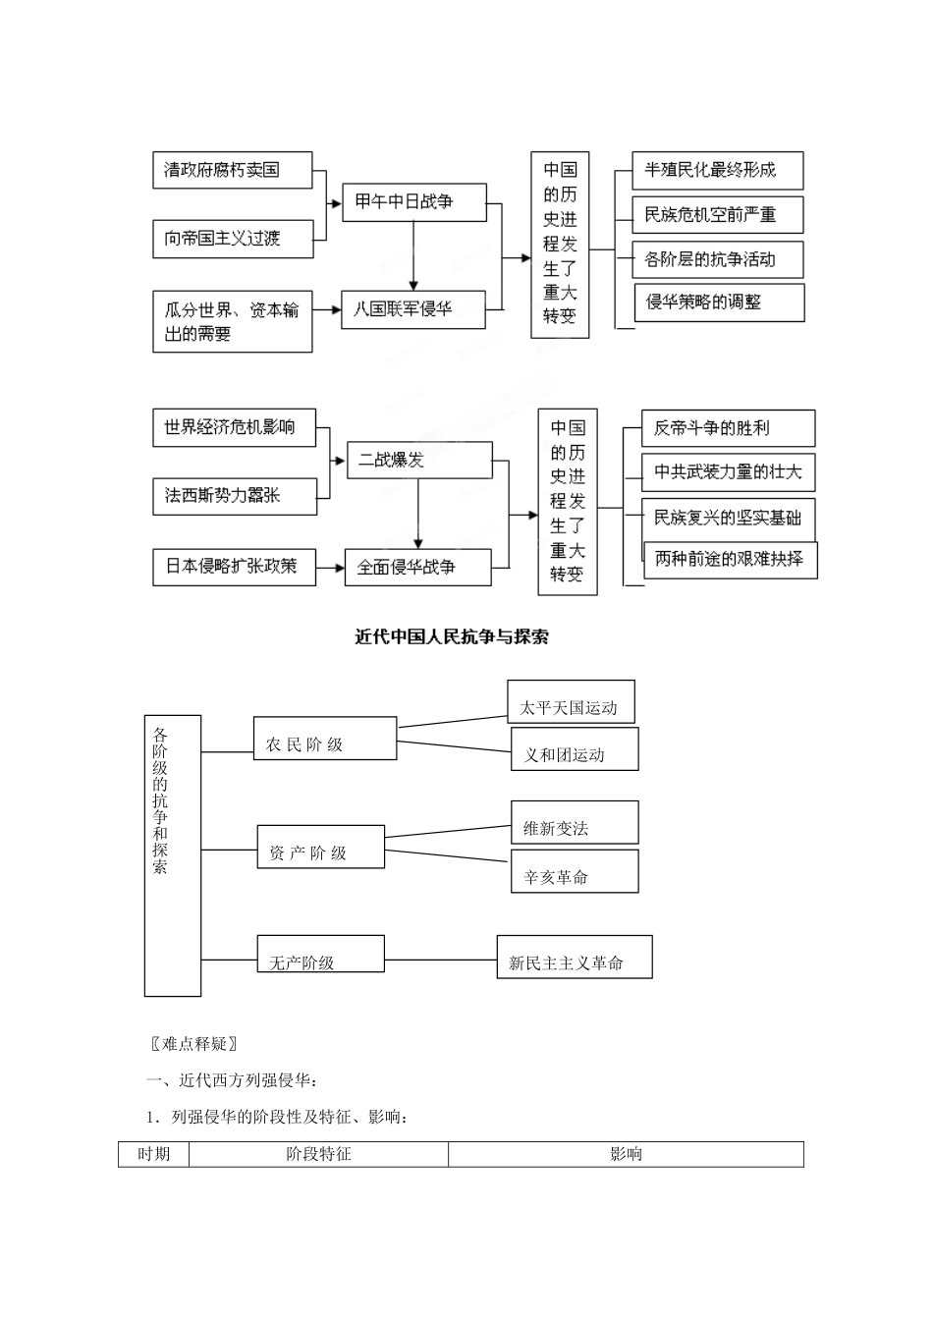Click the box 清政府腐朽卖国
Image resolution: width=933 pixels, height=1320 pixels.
232,170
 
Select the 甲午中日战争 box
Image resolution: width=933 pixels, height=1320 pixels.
413,201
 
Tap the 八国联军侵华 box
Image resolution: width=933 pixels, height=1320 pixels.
412,309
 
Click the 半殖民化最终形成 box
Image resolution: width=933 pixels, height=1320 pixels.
718,171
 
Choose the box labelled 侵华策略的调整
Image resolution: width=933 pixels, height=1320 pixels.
719,302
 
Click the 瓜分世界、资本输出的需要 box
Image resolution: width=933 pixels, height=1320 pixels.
232,321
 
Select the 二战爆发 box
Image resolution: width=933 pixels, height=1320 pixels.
419,460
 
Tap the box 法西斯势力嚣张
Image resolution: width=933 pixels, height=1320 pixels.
235,496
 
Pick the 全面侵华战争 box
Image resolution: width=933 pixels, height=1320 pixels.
417,568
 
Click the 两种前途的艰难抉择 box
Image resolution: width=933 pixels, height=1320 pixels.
730,560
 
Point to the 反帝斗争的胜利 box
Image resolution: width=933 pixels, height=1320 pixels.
728,428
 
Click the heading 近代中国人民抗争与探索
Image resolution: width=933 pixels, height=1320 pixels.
452,637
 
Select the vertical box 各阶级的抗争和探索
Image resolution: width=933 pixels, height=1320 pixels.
172,854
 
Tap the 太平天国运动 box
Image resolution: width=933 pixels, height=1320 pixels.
571,703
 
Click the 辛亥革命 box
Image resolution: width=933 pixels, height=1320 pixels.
575,871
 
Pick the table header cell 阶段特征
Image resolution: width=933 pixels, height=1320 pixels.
318,1154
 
